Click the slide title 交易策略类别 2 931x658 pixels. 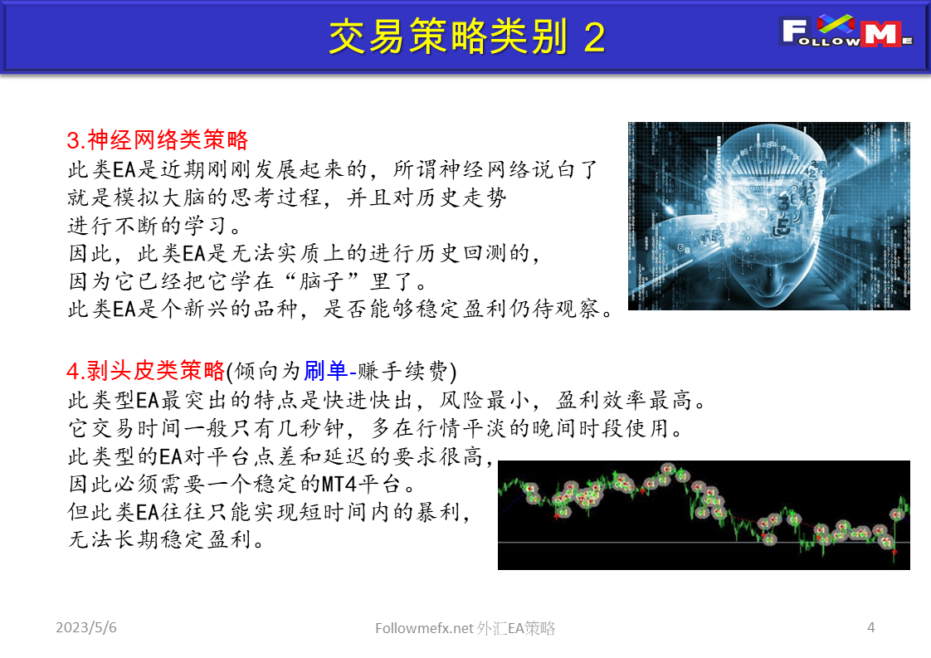coord(466,37)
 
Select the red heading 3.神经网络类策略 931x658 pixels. coord(158,139)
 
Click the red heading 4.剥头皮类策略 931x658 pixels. coord(145,370)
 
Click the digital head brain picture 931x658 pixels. coord(768,216)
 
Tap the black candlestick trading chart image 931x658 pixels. coord(704,514)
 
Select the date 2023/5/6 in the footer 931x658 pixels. coord(86,628)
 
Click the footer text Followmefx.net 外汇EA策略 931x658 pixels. coord(465,629)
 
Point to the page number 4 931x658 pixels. coord(870,628)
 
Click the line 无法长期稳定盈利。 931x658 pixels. coord(166,540)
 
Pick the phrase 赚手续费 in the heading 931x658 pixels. coord(403,370)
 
